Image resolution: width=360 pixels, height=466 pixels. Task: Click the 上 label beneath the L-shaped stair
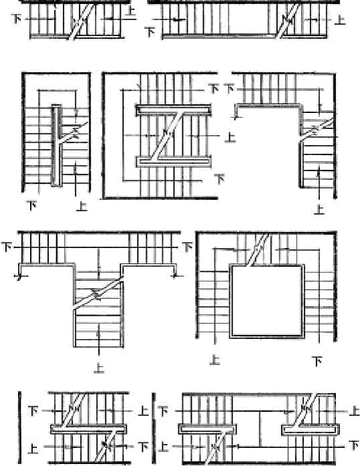pyautogui.click(x=319, y=209)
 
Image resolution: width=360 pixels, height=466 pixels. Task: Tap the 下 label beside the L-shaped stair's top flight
pyautogui.click(x=229, y=88)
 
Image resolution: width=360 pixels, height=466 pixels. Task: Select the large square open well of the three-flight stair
pyautogui.click(x=267, y=301)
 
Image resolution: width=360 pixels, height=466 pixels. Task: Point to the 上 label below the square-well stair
pyautogui.click(x=214, y=360)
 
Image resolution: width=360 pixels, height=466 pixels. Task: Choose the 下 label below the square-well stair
pyautogui.click(x=317, y=362)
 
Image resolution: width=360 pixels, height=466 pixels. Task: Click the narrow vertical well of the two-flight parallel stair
pyautogui.click(x=56, y=146)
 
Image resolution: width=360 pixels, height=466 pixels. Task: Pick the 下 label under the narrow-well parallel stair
pyautogui.click(x=32, y=205)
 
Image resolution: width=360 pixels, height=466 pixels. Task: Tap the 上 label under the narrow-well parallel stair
pyautogui.click(x=81, y=206)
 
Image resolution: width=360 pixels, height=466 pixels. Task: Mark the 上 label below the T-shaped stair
pyautogui.click(x=99, y=368)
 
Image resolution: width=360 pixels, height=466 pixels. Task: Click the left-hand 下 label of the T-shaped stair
pyautogui.click(x=7, y=247)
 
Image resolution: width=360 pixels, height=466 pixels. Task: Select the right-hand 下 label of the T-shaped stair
pyautogui.click(x=187, y=247)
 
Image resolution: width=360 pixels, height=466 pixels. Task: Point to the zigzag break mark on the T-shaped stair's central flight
pyautogui.click(x=98, y=294)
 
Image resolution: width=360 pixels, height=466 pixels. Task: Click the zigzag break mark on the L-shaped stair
pyautogui.click(x=317, y=130)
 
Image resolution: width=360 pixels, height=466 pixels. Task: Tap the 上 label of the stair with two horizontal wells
pyautogui.click(x=230, y=137)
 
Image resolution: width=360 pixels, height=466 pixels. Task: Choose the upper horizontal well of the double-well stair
pyautogui.click(x=174, y=110)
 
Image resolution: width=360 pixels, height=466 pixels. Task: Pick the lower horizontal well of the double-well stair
pyautogui.click(x=174, y=162)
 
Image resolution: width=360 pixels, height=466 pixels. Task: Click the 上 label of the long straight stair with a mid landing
pyautogui.click(x=340, y=19)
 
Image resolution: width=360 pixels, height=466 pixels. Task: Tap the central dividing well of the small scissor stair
pyautogui.click(x=88, y=429)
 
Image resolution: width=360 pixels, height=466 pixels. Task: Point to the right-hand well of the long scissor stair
pyautogui.click(x=311, y=430)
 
